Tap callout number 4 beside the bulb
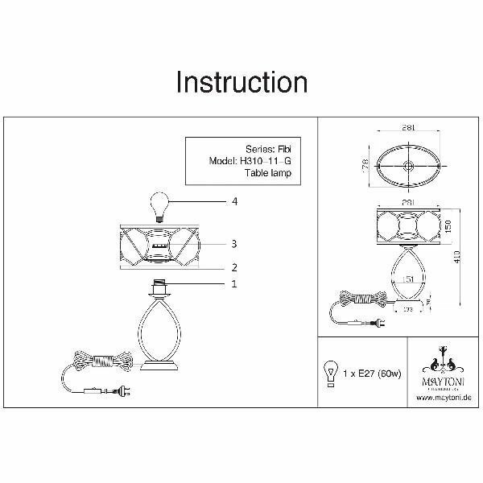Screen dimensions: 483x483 click(x=234, y=201)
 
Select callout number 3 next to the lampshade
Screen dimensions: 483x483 click(x=233, y=243)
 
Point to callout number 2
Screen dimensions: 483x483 click(x=233, y=267)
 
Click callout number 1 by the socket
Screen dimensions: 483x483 click(x=233, y=283)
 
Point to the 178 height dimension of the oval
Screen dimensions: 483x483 click(x=365, y=165)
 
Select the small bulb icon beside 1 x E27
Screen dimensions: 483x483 click(x=330, y=374)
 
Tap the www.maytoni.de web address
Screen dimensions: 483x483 click(x=442, y=397)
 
